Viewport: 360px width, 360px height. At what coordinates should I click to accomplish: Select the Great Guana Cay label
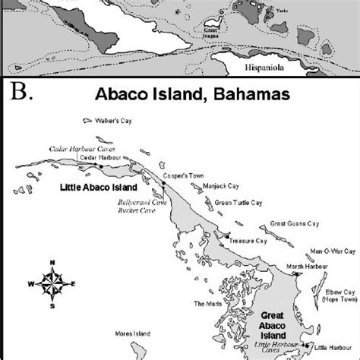(293, 225)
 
